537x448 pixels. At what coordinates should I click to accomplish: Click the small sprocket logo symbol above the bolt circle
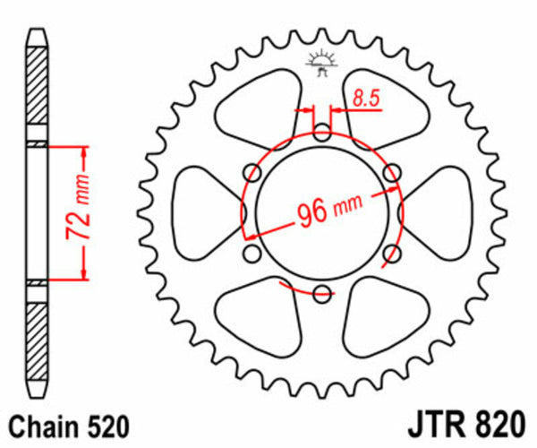[x=320, y=64]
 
